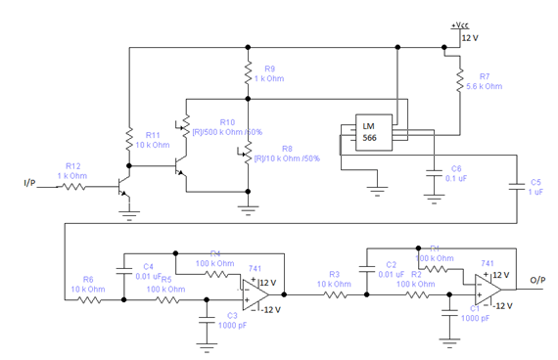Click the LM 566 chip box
(x=369, y=135)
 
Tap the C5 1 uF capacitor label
(x=535, y=187)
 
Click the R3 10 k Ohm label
(x=334, y=279)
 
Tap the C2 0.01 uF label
(x=391, y=269)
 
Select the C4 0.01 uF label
(x=148, y=271)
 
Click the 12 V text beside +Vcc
(x=471, y=38)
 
